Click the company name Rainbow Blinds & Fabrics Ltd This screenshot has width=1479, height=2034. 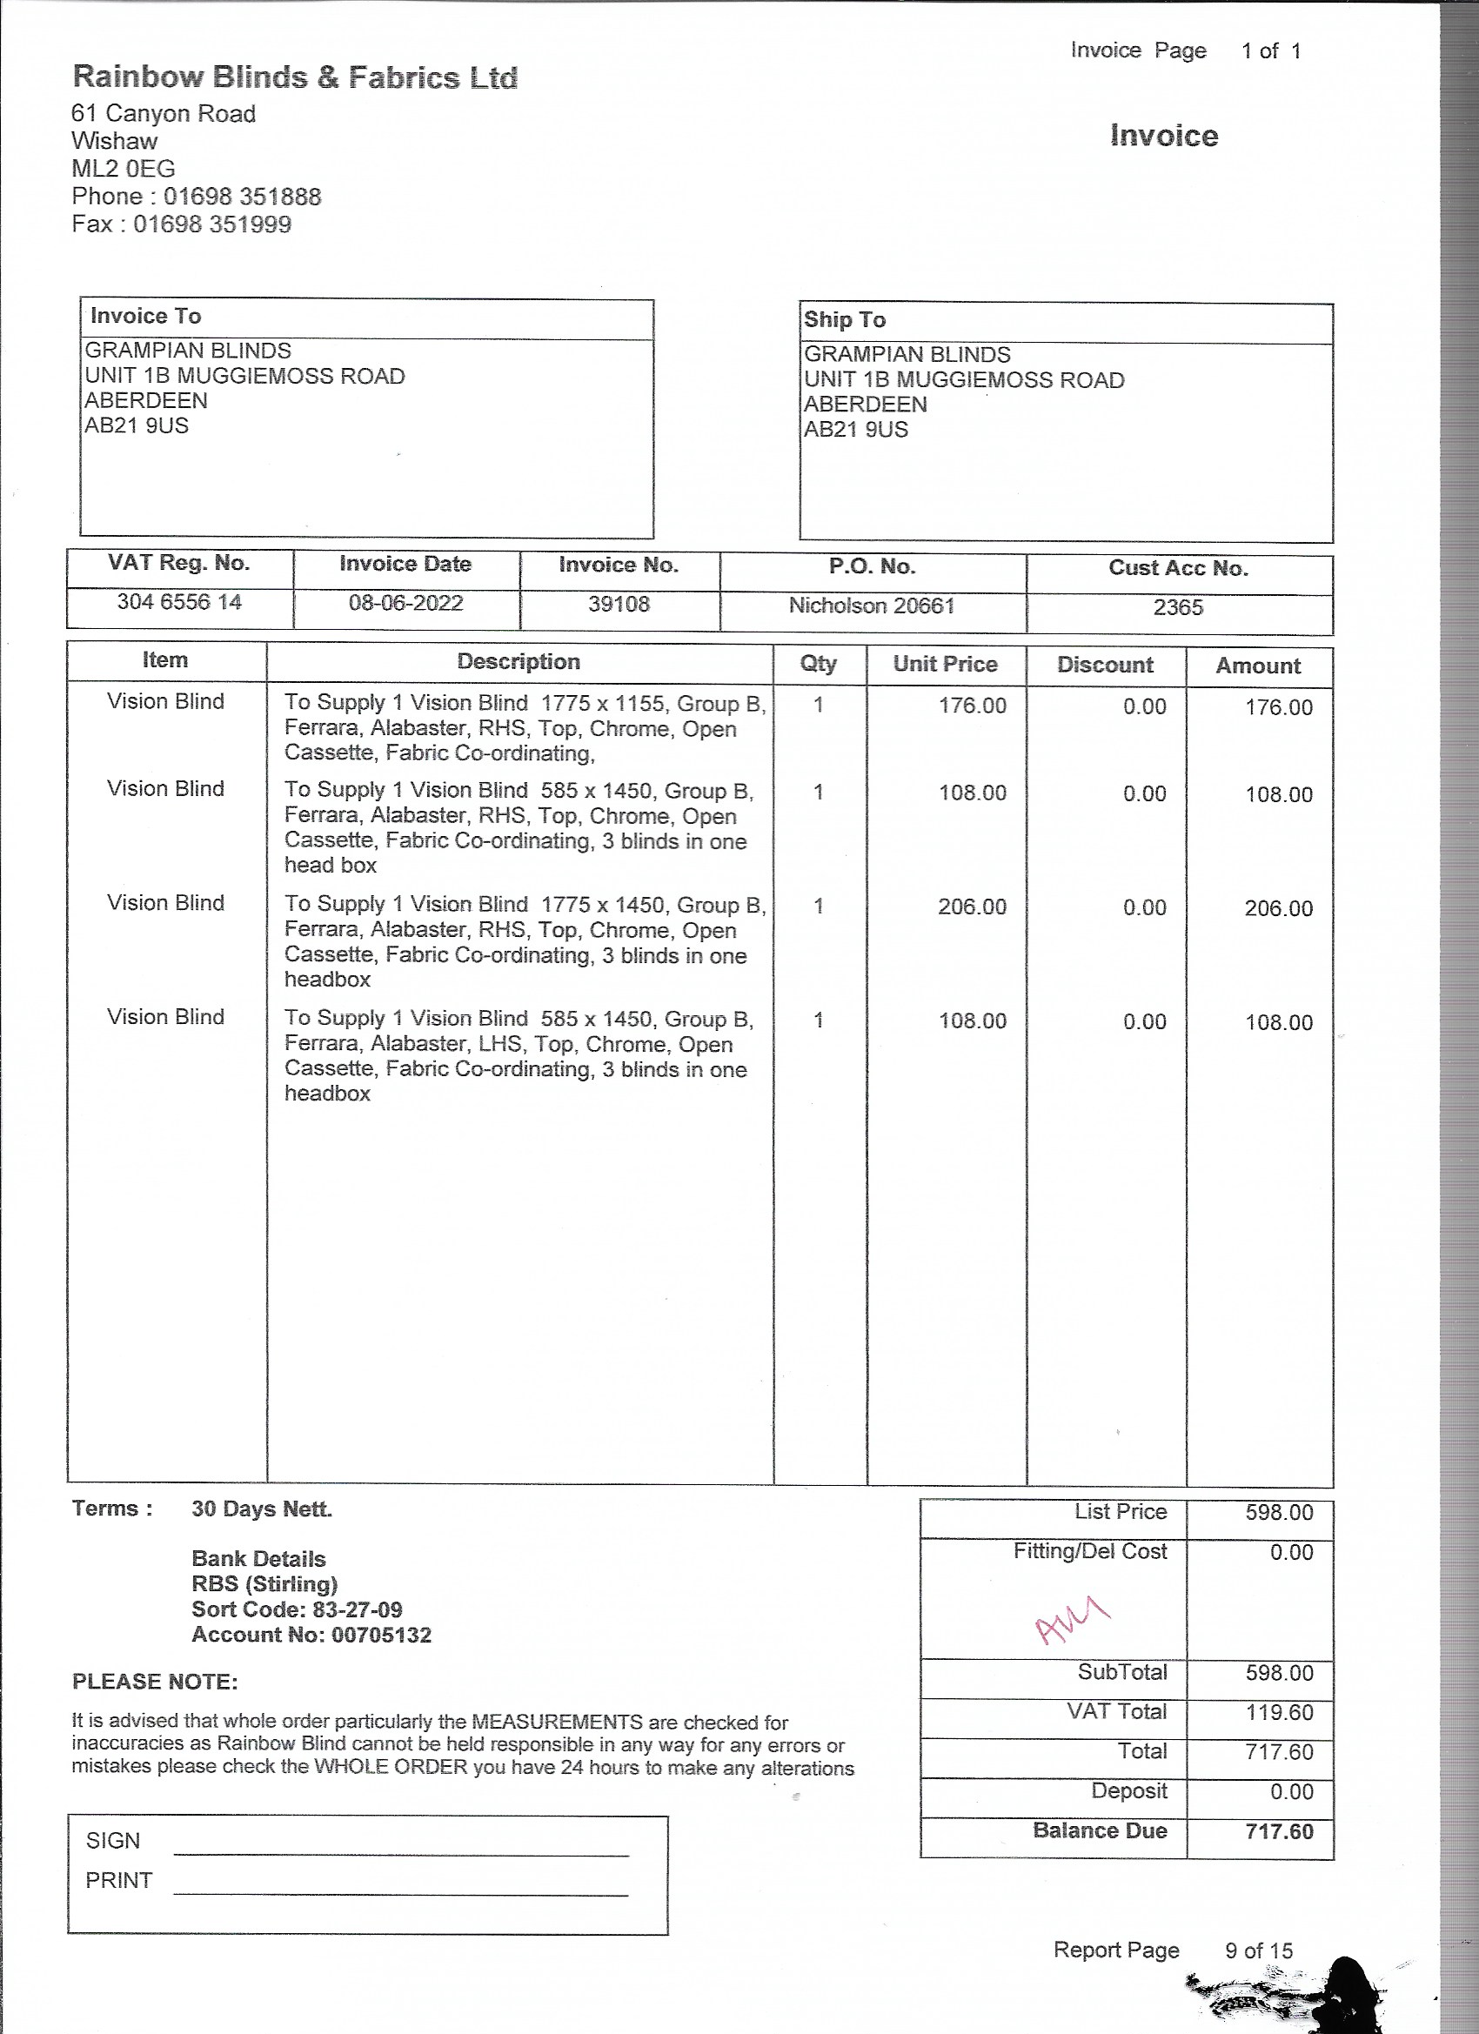[x=294, y=77]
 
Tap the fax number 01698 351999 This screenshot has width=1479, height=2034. [x=212, y=224]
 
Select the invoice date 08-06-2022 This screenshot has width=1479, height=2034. [x=405, y=603]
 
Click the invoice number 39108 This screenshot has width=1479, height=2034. [x=619, y=605]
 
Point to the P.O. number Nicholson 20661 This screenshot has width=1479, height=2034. [x=871, y=606]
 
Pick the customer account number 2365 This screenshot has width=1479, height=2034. [x=1178, y=608]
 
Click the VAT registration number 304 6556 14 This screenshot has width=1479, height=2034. [x=179, y=602]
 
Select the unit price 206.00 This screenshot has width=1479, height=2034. [x=973, y=907]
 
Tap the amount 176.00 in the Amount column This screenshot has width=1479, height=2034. [x=1278, y=707]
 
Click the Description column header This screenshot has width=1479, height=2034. [x=519, y=662]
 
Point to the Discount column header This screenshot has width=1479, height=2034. [x=1105, y=666]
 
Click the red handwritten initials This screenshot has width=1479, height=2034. [x=1072, y=1620]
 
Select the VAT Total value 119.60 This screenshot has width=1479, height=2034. [x=1279, y=1712]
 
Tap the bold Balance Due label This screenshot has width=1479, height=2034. [x=1100, y=1830]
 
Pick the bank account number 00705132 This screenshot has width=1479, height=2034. [x=381, y=1635]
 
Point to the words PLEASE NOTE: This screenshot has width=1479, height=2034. [x=155, y=1682]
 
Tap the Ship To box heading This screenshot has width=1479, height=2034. [x=845, y=320]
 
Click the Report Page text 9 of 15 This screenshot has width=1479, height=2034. [x=1258, y=1950]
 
